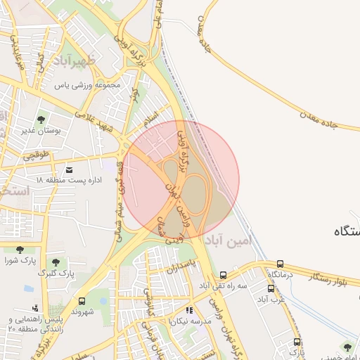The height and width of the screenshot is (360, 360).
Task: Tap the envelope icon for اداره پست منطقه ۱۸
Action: (x=69, y=169)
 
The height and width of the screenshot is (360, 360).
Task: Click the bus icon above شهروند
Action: (x=82, y=300)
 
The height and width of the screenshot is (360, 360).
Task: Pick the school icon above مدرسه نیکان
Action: (x=188, y=310)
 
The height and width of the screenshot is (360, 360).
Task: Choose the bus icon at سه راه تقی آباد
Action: (x=223, y=275)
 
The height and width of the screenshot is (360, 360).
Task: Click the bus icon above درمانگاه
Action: (x=281, y=264)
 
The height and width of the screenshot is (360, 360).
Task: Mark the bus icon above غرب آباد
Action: (x=271, y=288)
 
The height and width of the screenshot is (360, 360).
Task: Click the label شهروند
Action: (x=82, y=311)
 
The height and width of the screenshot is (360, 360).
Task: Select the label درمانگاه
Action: (x=281, y=274)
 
